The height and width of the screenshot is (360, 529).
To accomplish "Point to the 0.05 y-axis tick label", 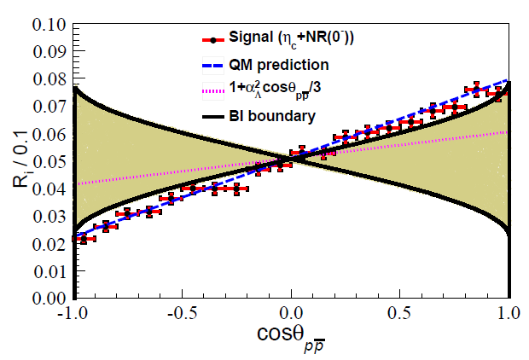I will pos(49,160).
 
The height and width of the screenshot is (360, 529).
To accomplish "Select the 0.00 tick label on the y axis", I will pos(49,299).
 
